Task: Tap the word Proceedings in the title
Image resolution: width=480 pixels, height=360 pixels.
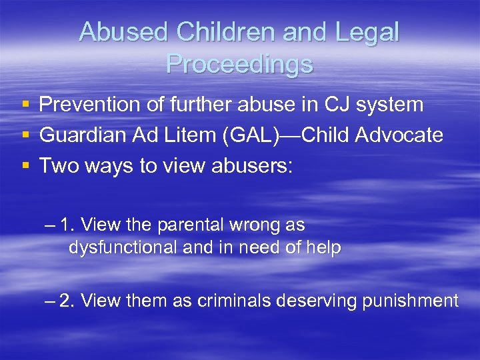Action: pyautogui.click(x=239, y=63)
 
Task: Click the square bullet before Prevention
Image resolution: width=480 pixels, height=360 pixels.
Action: pyautogui.click(x=25, y=105)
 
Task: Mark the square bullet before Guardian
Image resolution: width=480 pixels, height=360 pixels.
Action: pyautogui.click(x=25, y=136)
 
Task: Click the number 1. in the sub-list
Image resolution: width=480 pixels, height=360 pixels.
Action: pyautogui.click(x=68, y=225)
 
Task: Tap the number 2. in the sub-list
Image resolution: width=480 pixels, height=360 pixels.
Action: pyautogui.click(x=68, y=301)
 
